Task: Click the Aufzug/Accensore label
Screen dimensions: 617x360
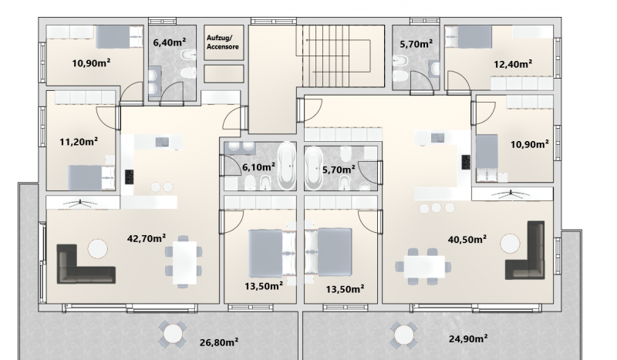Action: pos(223,42)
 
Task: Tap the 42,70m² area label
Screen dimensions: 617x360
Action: pos(147,238)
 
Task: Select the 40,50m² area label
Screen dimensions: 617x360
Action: pos(467,239)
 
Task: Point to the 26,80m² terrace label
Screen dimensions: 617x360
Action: pos(219,342)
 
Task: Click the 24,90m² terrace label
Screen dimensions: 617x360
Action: pos(469,338)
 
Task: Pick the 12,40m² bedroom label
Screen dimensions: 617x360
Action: pos(513,64)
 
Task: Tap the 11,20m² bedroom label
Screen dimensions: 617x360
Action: pos(79,141)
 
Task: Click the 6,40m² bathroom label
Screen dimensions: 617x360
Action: pos(169,42)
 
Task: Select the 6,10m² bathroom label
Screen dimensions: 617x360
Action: pos(258,167)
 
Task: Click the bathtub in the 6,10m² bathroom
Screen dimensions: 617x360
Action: pos(286,166)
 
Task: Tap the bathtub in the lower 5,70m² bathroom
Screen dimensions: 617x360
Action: pos(313,168)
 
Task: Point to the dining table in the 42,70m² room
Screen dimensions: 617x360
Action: pos(184,262)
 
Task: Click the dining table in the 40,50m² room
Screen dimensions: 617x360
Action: pos(425,267)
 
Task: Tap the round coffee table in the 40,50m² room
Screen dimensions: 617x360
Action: pos(511,244)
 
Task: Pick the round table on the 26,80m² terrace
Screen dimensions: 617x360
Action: pos(173,334)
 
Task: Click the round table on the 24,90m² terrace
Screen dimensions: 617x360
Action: pos(403,335)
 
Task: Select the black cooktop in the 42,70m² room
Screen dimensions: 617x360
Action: pos(129,177)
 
